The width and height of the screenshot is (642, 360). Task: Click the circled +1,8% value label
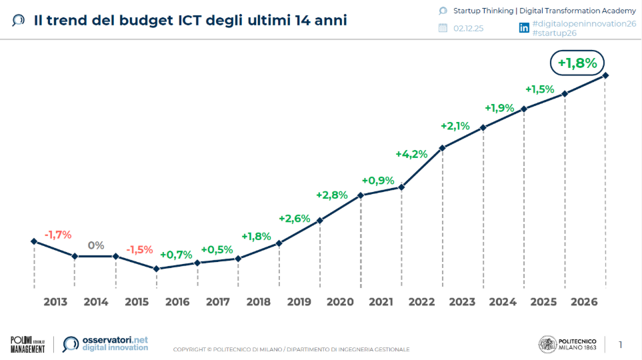(577, 63)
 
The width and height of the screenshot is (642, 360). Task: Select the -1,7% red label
(58, 235)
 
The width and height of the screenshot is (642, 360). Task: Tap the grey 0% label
(96, 245)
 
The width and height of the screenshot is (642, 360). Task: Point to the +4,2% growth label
(411, 154)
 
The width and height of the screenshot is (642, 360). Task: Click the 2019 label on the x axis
(299, 302)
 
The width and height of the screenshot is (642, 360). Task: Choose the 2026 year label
(584, 302)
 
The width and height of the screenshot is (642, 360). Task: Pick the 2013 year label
(55, 302)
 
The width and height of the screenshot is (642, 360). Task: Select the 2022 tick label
(421, 302)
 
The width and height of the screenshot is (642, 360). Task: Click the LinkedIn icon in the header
(524, 28)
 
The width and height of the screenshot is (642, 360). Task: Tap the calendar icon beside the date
(443, 28)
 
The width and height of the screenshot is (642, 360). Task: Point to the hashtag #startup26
(555, 33)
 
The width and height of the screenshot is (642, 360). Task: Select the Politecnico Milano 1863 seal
(547, 344)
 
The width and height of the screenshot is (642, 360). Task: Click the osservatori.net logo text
(115, 340)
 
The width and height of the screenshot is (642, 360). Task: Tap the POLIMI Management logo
(27, 344)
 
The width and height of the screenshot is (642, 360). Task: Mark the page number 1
(621, 345)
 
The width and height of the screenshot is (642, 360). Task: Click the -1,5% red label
(140, 250)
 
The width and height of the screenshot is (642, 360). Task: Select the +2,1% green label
(455, 126)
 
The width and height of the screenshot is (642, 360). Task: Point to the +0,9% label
(378, 181)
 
